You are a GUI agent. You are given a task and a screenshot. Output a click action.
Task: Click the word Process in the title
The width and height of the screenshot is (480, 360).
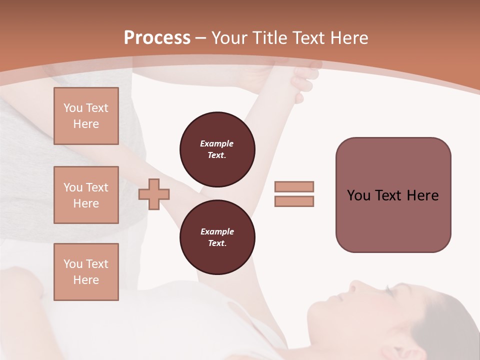coord(157,38)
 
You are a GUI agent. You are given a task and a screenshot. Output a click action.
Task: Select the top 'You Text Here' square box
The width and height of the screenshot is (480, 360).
coord(86,116)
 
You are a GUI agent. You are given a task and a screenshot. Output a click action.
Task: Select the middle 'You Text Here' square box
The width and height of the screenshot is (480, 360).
coord(86,195)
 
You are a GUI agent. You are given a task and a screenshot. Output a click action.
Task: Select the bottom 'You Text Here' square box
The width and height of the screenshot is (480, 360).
coord(86,272)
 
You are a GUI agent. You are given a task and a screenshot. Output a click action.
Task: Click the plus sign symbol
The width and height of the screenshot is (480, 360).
coord(154,194)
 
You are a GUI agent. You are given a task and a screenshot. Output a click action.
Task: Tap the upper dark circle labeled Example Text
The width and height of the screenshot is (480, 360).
coord(217,149)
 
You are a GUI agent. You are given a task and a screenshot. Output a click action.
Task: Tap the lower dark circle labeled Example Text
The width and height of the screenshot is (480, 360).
coord(217,237)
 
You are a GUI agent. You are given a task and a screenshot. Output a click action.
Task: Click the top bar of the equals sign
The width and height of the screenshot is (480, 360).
coord(294,186)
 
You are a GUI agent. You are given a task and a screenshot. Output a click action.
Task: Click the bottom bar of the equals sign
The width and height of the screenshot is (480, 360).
coord(294,201)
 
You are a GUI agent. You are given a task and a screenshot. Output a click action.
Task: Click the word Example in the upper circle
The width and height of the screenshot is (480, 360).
coord(217,143)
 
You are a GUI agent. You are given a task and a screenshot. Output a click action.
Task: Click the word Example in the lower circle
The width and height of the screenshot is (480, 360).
coord(217,231)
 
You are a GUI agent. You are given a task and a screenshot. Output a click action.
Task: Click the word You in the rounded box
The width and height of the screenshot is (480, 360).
coord(358,195)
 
